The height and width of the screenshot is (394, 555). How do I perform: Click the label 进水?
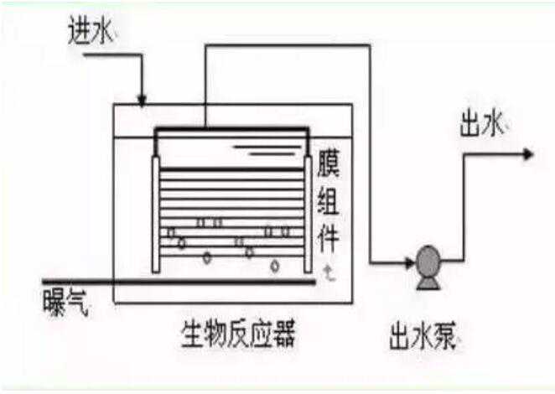coord(91,32)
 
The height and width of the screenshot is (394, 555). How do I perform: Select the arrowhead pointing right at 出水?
coord(527,154)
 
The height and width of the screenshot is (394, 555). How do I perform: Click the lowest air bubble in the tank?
coord(274,267)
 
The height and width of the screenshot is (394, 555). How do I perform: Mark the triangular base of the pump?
coord(428,283)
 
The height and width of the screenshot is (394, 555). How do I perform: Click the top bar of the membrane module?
coord(231,129)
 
